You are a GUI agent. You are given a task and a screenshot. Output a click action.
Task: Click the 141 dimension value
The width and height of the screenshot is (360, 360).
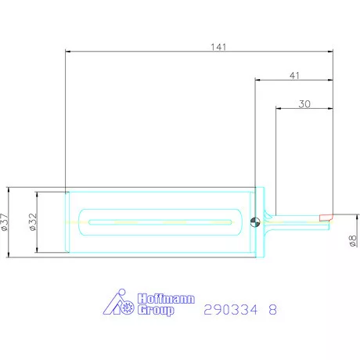tap(218, 47)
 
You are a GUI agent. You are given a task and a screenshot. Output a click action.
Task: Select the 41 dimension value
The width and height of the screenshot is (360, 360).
tap(294, 76)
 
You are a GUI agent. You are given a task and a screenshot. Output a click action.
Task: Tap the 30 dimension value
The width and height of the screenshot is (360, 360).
tap(304, 104)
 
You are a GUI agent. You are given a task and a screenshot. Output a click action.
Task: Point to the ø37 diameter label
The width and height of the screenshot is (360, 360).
tap(5, 222)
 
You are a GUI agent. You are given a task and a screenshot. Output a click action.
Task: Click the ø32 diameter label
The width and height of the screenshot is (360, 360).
tap(33, 222)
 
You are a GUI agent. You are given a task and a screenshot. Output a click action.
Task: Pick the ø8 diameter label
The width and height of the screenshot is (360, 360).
tap(353, 240)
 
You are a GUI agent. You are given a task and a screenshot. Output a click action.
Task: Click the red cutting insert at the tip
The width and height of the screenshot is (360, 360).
tap(326, 218)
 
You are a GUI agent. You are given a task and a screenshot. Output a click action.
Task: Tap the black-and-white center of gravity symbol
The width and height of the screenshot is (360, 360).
tap(255, 222)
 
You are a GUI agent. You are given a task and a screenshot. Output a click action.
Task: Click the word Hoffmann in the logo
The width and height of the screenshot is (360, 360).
tap(166, 299)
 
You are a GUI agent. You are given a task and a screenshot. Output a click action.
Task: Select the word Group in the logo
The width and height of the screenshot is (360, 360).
tap(156, 310)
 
